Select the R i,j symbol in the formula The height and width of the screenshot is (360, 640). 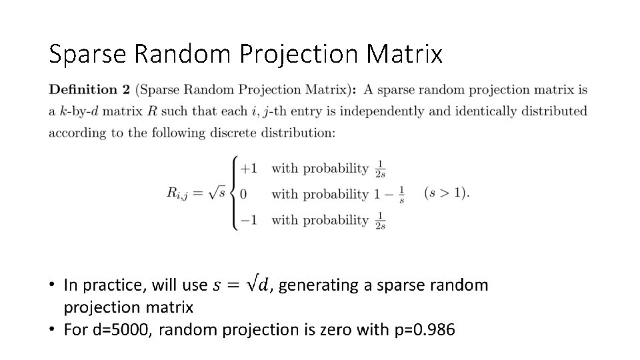click(178, 193)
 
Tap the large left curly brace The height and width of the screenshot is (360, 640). click(233, 193)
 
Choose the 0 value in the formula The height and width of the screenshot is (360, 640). click(243, 194)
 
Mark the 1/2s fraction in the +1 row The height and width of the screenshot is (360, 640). click(380, 169)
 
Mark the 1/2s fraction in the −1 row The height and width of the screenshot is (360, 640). click(380, 220)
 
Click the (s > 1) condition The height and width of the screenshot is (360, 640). click(446, 193)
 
